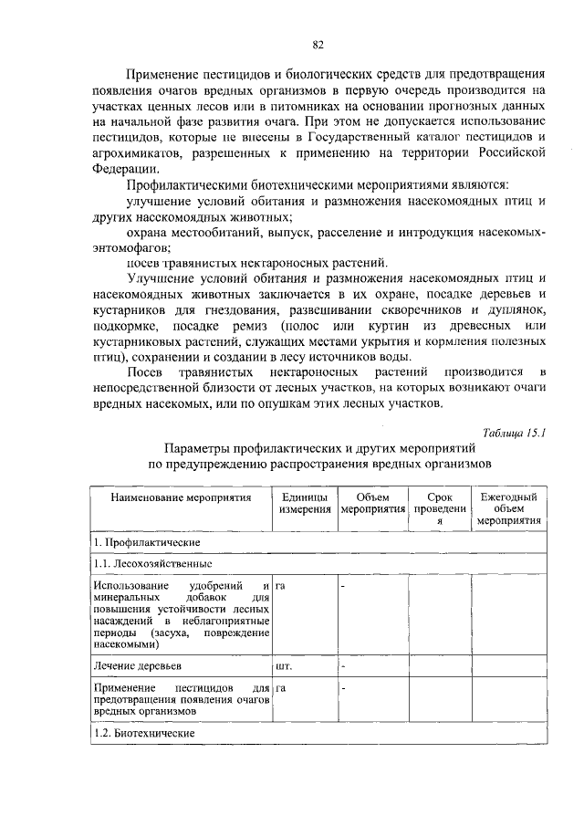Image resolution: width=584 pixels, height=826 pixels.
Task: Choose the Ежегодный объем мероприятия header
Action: coord(508,508)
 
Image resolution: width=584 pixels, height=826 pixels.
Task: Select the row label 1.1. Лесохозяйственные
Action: coord(146,563)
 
